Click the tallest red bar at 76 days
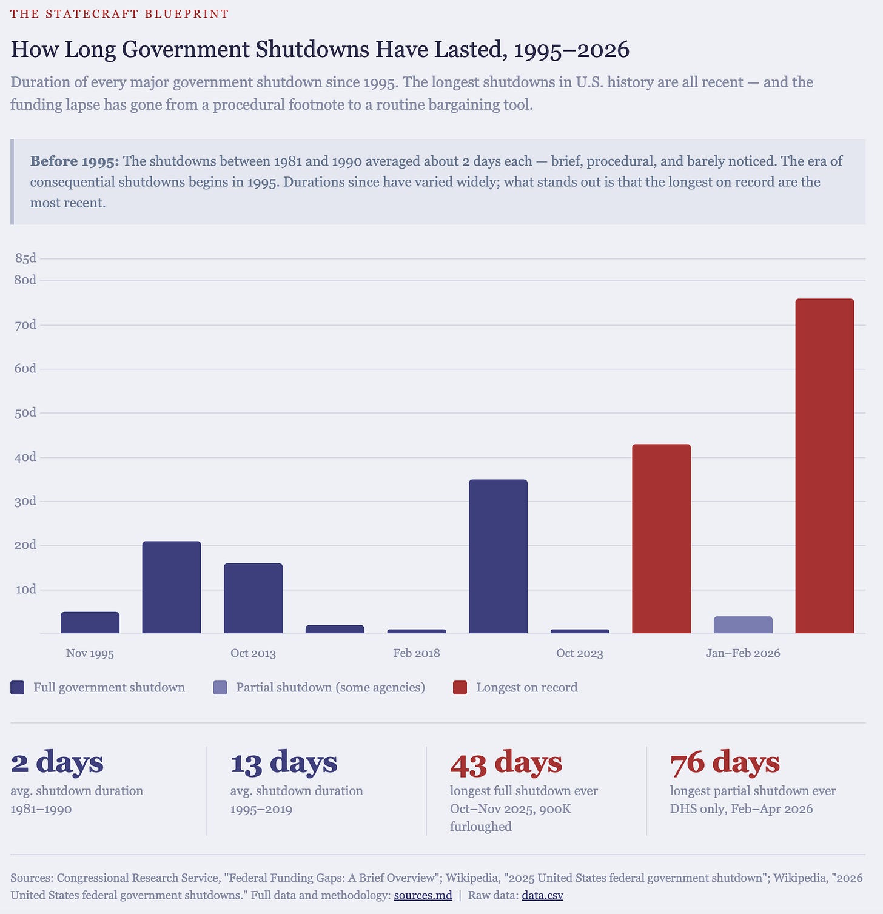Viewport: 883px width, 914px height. (824, 466)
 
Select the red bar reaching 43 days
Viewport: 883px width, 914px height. (661, 539)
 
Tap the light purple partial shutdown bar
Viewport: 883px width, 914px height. (743, 625)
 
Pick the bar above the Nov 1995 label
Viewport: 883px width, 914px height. (90, 622)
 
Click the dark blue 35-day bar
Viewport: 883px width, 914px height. (498, 556)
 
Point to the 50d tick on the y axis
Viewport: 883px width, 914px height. (25, 413)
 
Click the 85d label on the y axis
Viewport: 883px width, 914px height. (25, 258)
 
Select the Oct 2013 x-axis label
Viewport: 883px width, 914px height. (253, 653)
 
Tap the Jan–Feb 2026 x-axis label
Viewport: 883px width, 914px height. (743, 653)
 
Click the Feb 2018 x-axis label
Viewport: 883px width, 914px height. (417, 653)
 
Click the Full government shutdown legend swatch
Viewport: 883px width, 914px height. (18, 688)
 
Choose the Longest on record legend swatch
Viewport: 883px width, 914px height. (460, 688)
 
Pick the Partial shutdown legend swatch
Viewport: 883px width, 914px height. (220, 688)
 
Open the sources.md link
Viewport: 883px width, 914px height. (423, 895)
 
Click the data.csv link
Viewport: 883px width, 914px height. (542, 895)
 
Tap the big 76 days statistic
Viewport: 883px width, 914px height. (725, 762)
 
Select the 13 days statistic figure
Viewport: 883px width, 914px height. (283, 762)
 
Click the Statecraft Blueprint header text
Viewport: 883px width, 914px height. (119, 13)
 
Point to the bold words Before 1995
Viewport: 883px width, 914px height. (75, 161)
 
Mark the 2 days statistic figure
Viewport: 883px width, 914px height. (57, 762)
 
